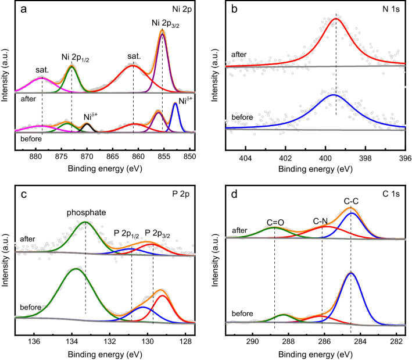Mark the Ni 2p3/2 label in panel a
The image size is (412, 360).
(x=163, y=23)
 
